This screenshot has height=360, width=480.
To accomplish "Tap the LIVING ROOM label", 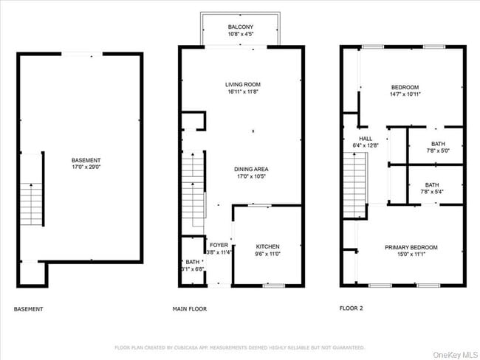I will coord(243,85).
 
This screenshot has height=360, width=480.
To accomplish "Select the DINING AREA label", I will coord(251,169).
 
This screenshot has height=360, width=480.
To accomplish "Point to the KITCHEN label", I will coord(267,246).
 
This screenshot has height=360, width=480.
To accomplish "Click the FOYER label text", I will coord(219,245).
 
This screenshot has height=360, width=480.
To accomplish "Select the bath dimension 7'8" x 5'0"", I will coord(438,150).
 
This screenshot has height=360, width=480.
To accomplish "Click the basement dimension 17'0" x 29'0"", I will coord(86,167).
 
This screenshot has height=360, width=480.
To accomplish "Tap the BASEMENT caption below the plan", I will coord(28,309).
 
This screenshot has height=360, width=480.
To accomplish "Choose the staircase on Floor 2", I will coord(355,190).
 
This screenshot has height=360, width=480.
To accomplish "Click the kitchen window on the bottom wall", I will coord(275,285).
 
